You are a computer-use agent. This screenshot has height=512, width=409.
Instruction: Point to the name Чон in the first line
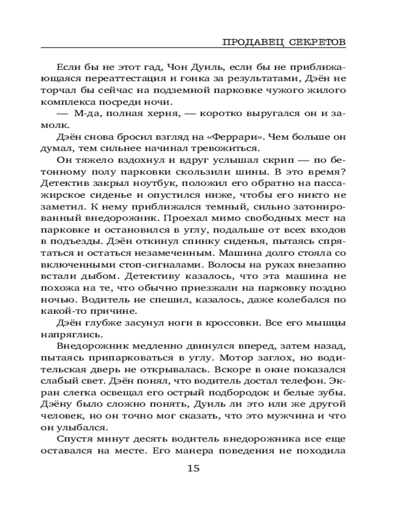pyautogui.click(x=184, y=66)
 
